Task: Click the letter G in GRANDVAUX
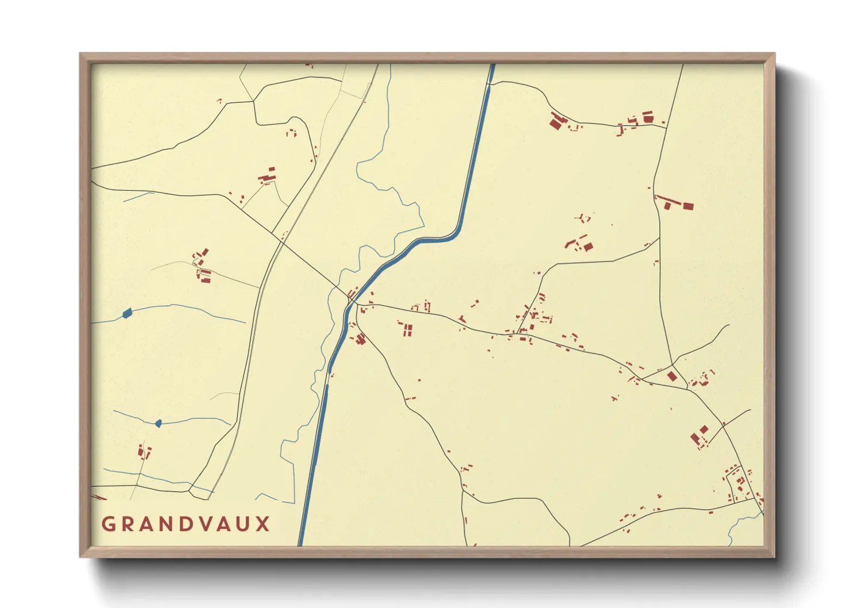(x=107, y=524)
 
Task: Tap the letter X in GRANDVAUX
(x=263, y=524)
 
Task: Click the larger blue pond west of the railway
(x=127, y=313)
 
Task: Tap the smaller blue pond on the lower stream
(x=159, y=424)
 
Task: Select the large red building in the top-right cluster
(x=555, y=122)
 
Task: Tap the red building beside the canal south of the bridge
(x=360, y=338)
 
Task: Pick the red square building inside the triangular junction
(x=672, y=376)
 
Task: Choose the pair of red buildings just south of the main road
(x=407, y=330)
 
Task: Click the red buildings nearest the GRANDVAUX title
(x=143, y=452)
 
